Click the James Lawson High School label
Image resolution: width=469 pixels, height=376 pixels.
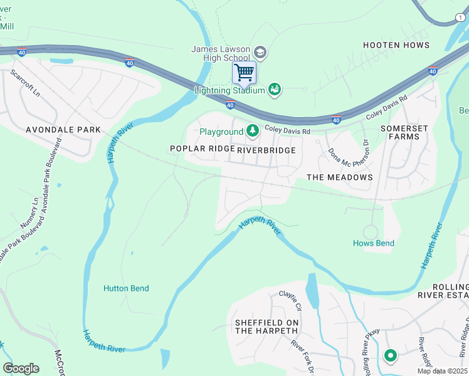click(x=221, y=54)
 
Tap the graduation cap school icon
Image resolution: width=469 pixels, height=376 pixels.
click(x=261, y=53)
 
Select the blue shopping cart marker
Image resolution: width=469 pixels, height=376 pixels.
click(x=244, y=72)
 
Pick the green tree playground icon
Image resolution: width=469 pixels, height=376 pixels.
click(x=253, y=131)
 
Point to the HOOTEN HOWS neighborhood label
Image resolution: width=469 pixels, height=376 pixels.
click(x=396, y=45)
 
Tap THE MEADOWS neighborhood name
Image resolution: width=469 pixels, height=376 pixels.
click(x=339, y=177)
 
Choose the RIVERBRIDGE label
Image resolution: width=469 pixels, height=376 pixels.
click(x=266, y=150)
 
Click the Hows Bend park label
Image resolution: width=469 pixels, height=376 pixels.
click(x=374, y=243)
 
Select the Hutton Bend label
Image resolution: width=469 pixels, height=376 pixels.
click(x=126, y=288)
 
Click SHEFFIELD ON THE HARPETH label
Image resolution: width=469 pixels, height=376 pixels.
click(x=266, y=327)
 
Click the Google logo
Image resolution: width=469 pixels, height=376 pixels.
click(x=21, y=368)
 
